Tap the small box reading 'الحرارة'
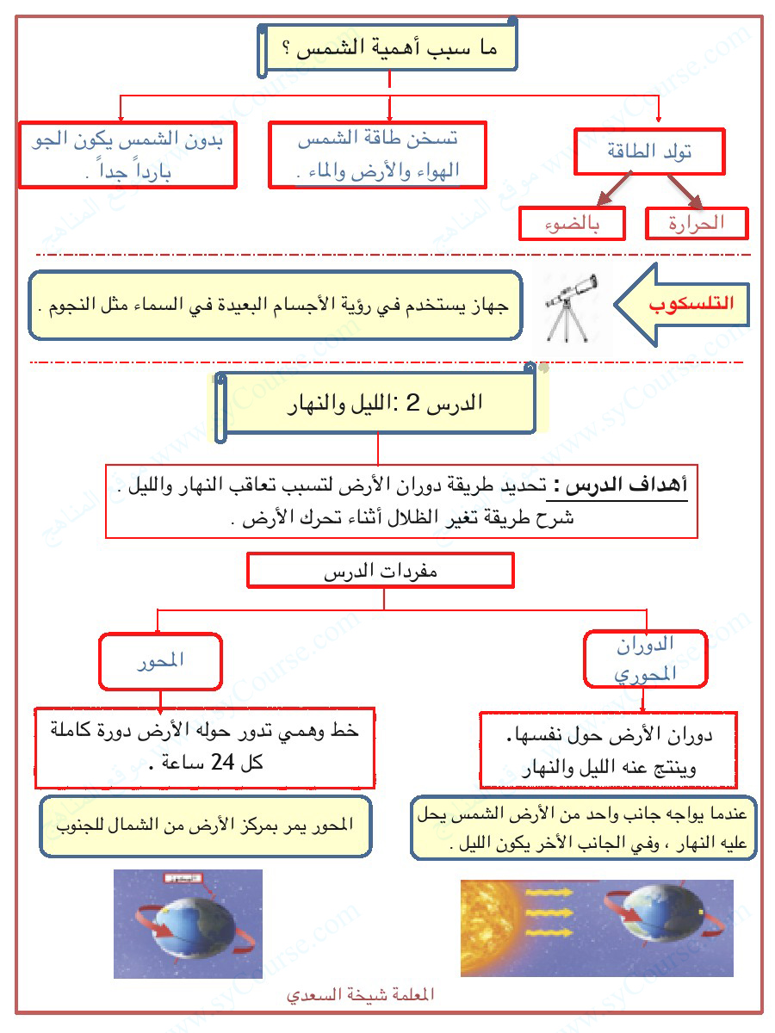[696, 224]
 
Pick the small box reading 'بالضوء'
[571, 224]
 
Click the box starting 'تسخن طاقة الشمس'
[377, 155]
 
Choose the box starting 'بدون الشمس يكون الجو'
[127, 155]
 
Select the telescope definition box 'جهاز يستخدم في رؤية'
[276, 306]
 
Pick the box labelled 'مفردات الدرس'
[380, 570]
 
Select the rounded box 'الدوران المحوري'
[645, 659]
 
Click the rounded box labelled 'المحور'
[160, 661]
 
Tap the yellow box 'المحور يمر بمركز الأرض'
[206, 826]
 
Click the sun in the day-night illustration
[489, 925]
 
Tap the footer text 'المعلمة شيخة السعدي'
[361, 994]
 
